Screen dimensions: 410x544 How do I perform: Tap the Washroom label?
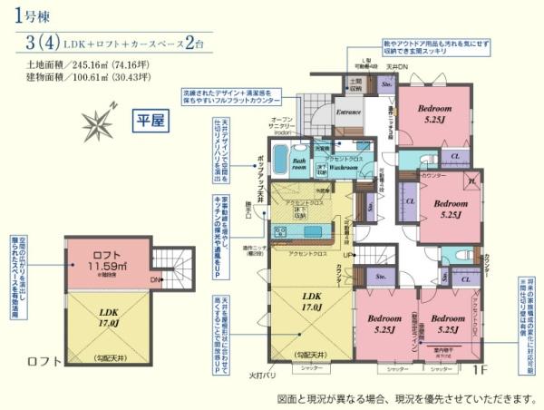tap(342, 167)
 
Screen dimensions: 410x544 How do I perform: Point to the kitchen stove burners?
tap(279, 232)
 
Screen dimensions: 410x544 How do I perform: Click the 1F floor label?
tap(481, 370)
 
